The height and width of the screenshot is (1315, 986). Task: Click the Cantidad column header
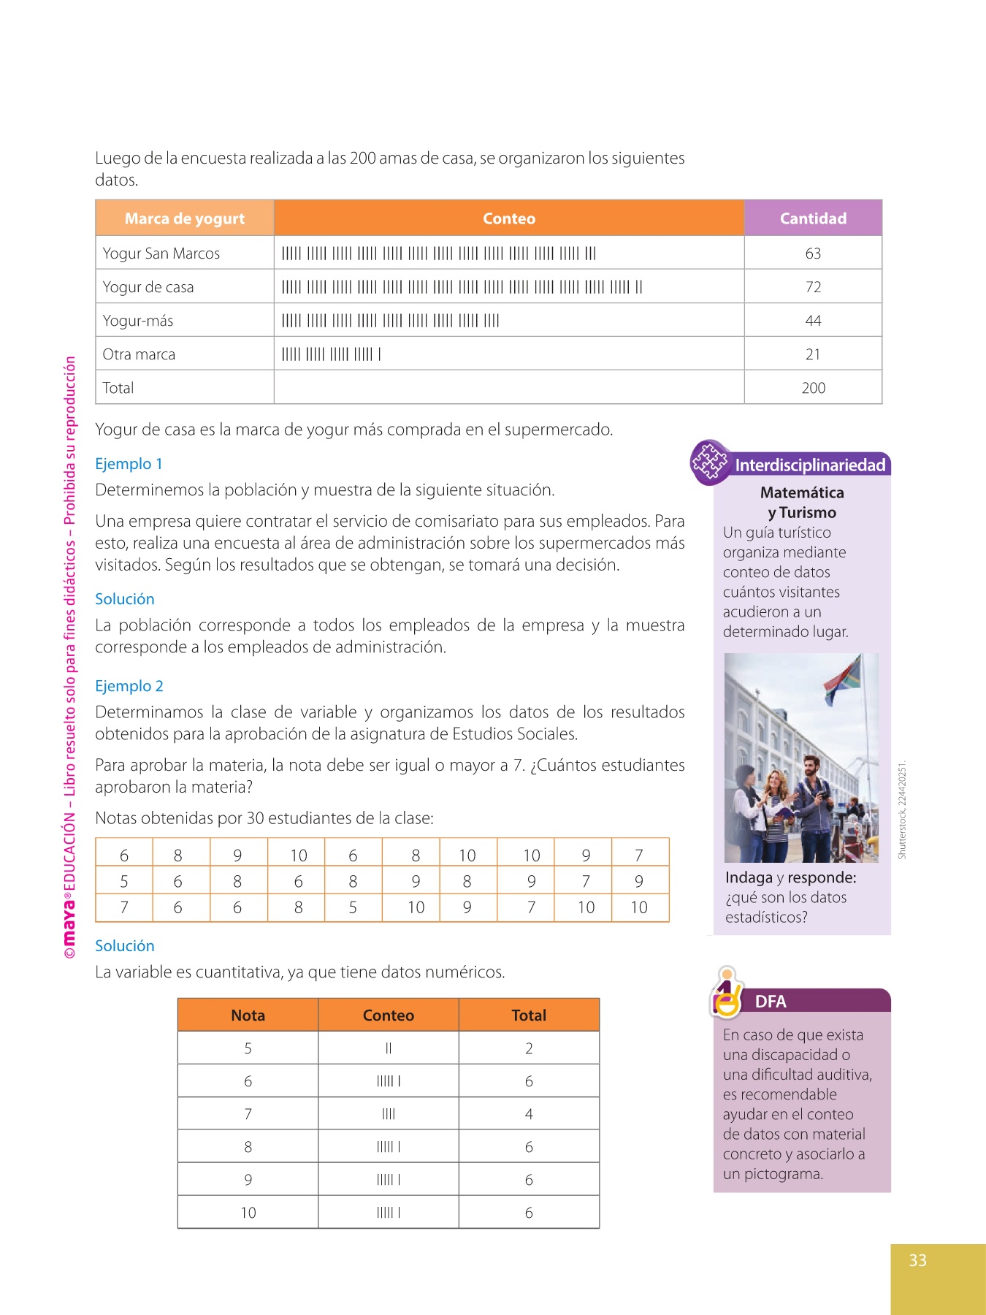[x=813, y=218]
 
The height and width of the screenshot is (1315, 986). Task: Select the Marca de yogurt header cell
[x=185, y=218]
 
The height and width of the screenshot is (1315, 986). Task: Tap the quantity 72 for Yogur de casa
[x=813, y=287]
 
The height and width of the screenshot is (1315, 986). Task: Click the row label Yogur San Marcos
[x=161, y=254]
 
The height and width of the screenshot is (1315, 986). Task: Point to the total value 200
[x=813, y=388]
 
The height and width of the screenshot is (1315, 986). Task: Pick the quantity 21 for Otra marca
[x=813, y=354]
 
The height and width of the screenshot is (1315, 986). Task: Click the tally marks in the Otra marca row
[x=332, y=354]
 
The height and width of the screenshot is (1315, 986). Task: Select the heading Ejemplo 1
[x=129, y=464]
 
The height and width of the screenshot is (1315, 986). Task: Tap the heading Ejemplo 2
[x=129, y=686]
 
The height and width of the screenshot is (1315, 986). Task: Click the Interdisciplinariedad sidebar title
[x=810, y=465]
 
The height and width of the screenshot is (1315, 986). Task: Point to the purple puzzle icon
[x=709, y=462]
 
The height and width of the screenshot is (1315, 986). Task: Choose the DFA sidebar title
[x=771, y=1002]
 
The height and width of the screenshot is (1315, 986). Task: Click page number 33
[x=918, y=1260]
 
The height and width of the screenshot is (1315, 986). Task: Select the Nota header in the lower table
[x=248, y=1015]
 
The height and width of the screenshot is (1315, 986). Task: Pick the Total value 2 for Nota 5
[x=529, y=1048]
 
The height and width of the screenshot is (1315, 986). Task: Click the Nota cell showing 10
[x=248, y=1213]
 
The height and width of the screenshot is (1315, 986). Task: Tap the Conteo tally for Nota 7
[x=389, y=1114]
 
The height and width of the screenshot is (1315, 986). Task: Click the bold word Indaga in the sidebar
[x=749, y=877]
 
